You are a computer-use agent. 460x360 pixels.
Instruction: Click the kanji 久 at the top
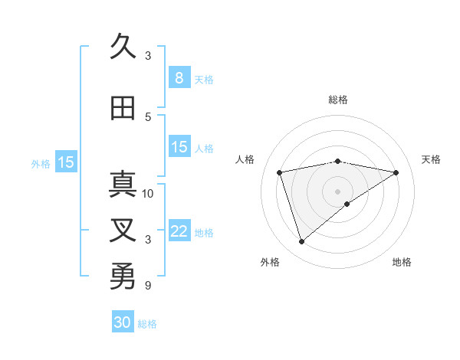(x=123, y=47)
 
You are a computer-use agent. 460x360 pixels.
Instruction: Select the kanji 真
(x=123, y=185)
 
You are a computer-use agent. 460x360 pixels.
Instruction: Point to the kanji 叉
(x=123, y=231)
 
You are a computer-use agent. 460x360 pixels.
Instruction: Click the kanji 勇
(x=123, y=276)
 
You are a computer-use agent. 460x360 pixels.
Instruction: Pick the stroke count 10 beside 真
(x=148, y=193)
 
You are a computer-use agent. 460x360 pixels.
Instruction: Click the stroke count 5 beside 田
(x=148, y=116)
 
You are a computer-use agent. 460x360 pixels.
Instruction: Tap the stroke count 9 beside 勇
(x=148, y=286)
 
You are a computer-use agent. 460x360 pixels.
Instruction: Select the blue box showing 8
(x=179, y=78)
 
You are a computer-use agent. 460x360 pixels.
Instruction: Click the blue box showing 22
(x=179, y=231)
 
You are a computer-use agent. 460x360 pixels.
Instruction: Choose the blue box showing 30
(x=123, y=322)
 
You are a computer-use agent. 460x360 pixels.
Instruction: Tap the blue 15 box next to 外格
(x=66, y=162)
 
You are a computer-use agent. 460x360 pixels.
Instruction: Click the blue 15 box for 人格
(x=179, y=147)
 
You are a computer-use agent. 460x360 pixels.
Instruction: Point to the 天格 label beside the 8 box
(x=204, y=80)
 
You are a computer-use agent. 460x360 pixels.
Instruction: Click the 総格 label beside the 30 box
(x=147, y=324)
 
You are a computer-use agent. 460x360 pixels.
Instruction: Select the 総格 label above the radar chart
(x=337, y=100)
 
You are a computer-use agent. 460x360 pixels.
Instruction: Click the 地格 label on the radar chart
(x=402, y=262)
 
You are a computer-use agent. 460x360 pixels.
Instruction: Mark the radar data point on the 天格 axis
(x=396, y=172)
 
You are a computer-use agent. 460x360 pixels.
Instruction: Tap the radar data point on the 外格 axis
(x=301, y=242)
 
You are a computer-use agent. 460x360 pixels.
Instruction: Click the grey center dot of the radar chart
(x=337, y=191)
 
